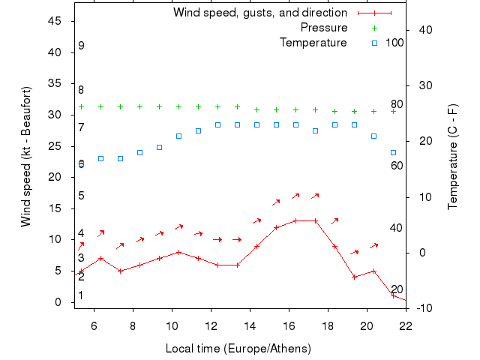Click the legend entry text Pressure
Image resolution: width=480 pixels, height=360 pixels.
point(324,28)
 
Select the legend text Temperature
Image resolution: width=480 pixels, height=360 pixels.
point(313,42)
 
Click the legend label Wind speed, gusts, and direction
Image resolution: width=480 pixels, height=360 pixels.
point(259,13)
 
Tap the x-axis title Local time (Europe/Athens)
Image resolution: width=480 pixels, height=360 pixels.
point(238,349)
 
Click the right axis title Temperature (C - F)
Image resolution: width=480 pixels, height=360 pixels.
point(453,157)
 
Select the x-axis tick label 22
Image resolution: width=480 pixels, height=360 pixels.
point(406,325)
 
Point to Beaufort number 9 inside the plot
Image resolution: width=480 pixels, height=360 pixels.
point(81,46)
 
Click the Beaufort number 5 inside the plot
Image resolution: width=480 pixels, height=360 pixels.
point(81,196)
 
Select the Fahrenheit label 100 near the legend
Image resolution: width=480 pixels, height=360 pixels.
point(394,42)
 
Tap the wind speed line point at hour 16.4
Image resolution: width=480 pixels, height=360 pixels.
point(296,220)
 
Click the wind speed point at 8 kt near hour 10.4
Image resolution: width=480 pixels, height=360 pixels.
point(179,252)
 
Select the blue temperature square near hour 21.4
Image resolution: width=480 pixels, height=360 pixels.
point(393,152)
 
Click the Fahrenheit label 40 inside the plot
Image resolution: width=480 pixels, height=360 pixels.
point(397,228)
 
